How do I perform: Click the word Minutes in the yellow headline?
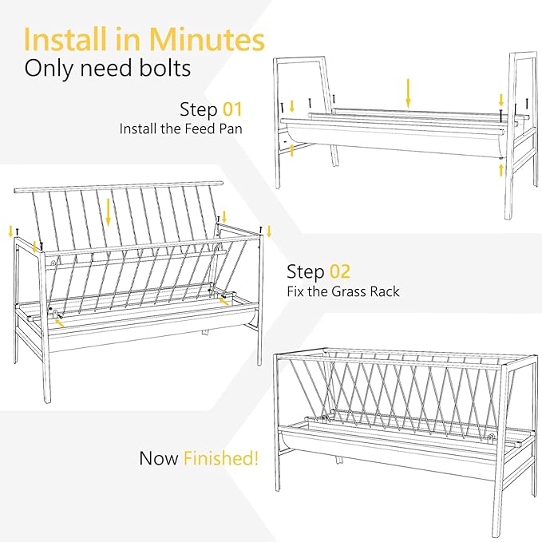point(207,39)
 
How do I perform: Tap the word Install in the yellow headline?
point(65,39)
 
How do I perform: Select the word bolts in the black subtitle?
point(165,68)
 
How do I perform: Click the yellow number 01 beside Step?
point(232,109)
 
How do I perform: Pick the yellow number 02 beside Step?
point(340,271)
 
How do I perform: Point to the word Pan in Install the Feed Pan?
point(231,129)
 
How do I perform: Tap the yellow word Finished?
point(221,458)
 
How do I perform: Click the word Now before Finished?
point(159,458)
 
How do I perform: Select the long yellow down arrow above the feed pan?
point(408,93)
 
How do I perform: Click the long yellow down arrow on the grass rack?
point(109,212)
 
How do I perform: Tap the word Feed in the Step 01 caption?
point(200,129)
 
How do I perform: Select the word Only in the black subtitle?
point(49,69)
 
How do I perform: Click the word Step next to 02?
point(306,272)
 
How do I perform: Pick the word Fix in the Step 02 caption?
point(295,291)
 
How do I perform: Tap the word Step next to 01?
point(199,110)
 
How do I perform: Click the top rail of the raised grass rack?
point(119,186)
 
